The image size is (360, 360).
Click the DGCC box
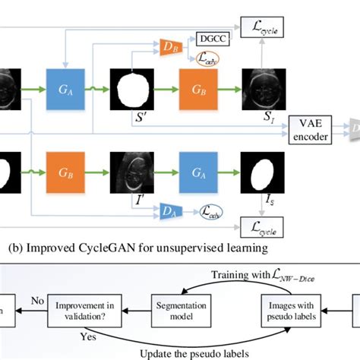click(207, 37)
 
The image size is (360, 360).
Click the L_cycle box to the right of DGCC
click(263, 27)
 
